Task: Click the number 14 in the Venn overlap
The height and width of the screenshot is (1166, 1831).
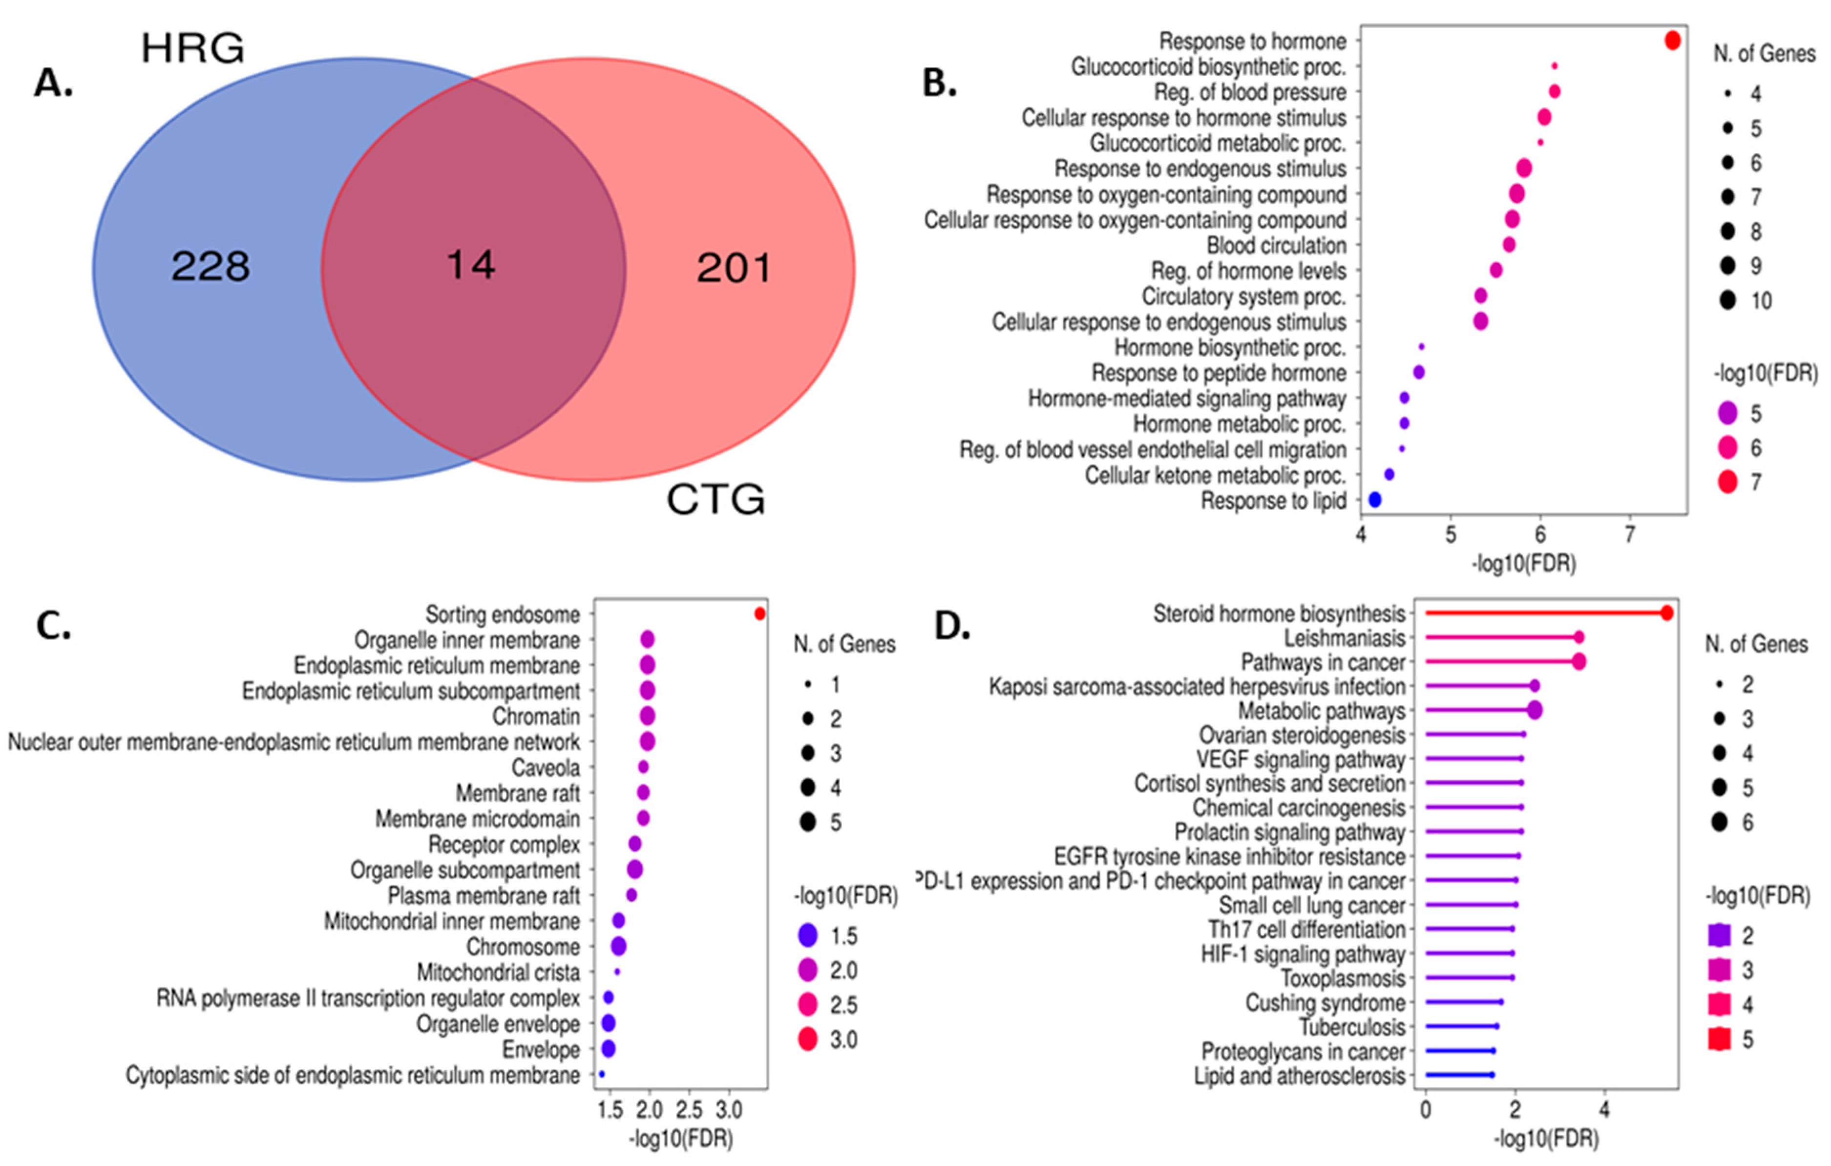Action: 471,265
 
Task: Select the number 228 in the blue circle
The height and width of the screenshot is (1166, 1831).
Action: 210,267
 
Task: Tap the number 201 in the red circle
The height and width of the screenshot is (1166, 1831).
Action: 734,269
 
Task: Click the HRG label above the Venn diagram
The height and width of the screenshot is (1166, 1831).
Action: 193,49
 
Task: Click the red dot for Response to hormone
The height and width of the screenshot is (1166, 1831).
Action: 1672,41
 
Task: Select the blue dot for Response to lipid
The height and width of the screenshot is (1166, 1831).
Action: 1375,500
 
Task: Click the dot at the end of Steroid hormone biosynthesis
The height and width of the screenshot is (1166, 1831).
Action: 1667,613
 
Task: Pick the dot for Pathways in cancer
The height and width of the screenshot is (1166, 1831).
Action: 1578,662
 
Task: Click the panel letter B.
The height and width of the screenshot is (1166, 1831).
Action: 939,84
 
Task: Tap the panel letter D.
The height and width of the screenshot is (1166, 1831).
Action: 951,626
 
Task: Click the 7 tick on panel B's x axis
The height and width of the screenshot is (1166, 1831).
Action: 1629,535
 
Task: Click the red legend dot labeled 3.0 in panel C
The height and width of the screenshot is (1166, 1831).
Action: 807,1039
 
